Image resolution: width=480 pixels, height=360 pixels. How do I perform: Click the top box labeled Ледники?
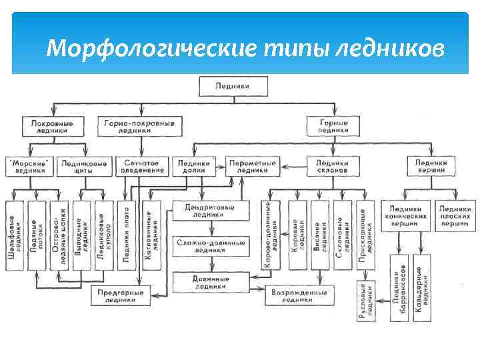pyautogui.click(x=233, y=87)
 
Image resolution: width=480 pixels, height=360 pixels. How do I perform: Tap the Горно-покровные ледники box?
pyautogui.click(x=140, y=127)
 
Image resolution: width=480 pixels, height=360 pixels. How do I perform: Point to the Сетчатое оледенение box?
pyautogui.click(x=142, y=166)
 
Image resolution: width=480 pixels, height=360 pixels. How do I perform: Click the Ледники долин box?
pyautogui.click(x=195, y=166)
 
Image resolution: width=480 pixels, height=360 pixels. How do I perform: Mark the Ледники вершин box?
pyautogui.click(x=431, y=166)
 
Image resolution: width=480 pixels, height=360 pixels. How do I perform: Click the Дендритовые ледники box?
pyautogui.click(x=209, y=211)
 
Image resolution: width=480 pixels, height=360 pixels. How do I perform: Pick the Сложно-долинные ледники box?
pyautogui.click(x=209, y=247)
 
